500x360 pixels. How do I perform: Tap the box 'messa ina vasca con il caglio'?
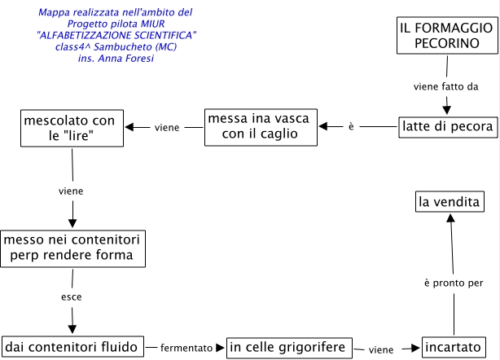coord(261,126)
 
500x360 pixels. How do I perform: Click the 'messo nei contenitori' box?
coord(74,248)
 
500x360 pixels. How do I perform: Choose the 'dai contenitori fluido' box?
coord(73,346)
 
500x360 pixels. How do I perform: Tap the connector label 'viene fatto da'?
coord(445,86)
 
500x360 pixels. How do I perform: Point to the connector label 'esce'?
coord(71,297)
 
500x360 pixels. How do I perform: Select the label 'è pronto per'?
coord(454,283)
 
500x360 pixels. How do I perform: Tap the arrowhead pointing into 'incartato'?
coord(415,348)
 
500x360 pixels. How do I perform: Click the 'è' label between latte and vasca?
coord(350,127)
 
